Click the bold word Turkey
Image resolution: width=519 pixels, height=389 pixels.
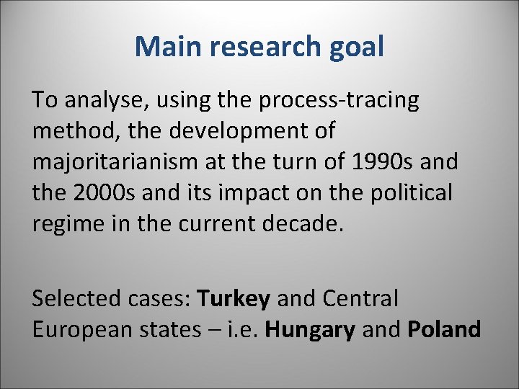(234, 298)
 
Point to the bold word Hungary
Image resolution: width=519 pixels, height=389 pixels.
(311, 329)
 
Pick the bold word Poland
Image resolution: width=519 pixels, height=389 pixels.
(444, 329)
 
